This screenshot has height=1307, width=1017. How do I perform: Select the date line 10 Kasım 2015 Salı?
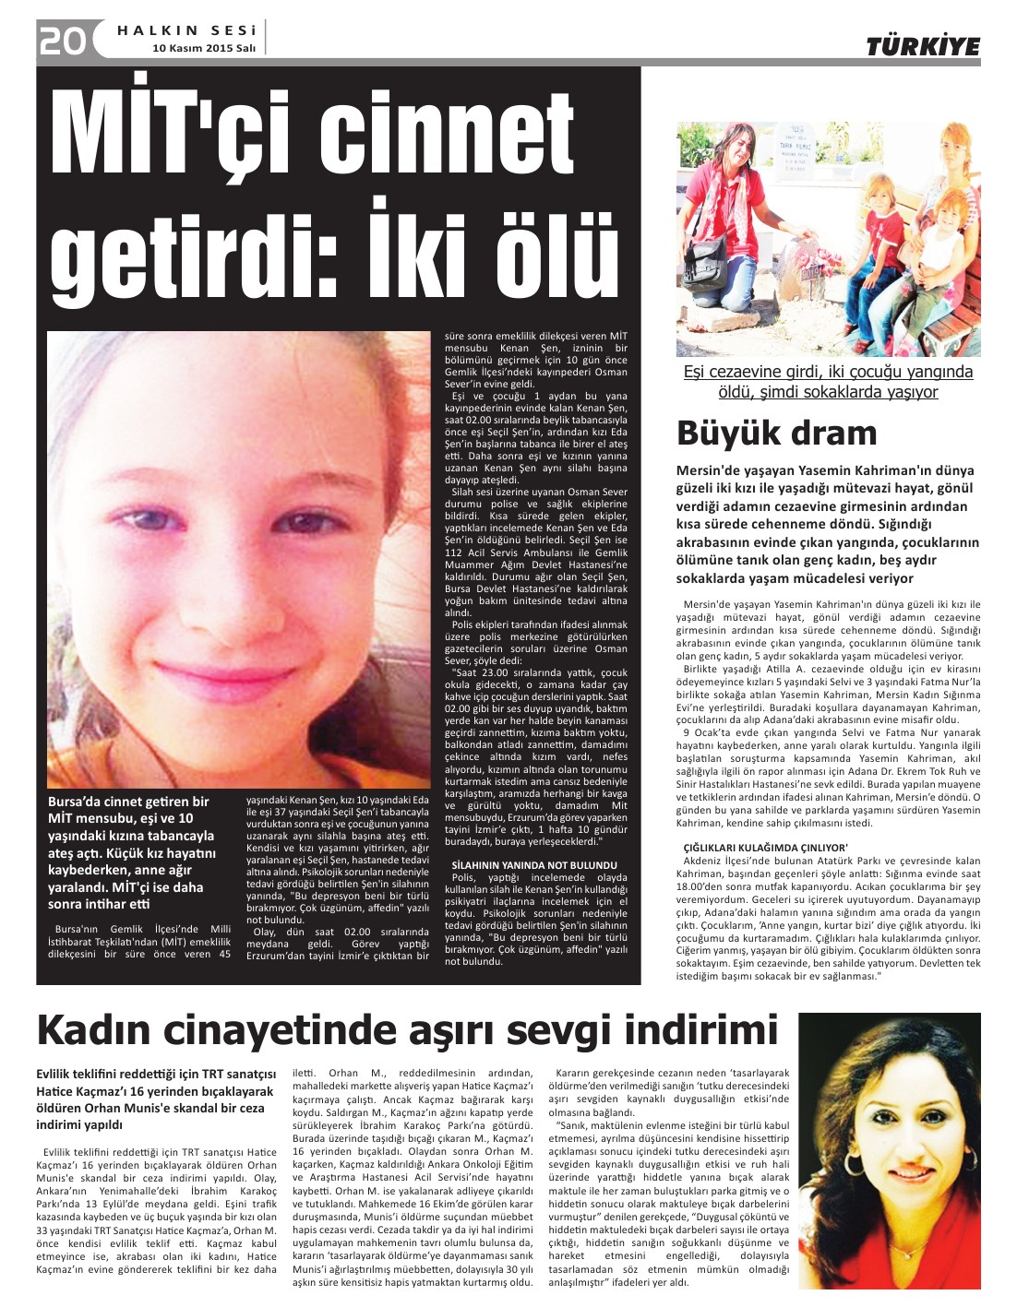point(204,47)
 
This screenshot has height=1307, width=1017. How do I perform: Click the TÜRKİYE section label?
point(922,46)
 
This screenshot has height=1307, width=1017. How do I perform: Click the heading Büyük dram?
point(776,432)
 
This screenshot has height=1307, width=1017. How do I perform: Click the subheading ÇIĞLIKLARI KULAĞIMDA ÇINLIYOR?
point(765,847)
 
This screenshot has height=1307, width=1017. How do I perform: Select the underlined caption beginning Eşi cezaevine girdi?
point(828,382)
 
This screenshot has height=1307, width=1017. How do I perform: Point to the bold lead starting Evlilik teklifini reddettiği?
point(156,1099)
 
